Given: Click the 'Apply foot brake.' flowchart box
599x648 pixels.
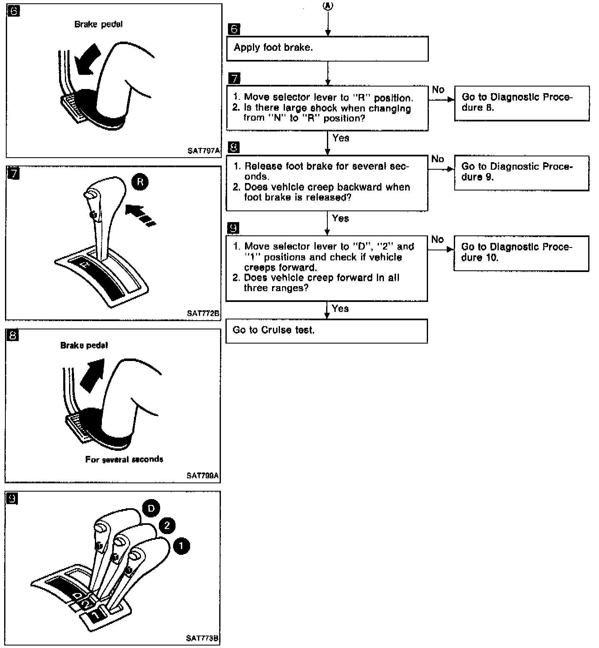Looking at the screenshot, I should pyautogui.click(x=327, y=48).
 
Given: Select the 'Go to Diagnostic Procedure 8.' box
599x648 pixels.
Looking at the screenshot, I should pyautogui.click(x=522, y=103).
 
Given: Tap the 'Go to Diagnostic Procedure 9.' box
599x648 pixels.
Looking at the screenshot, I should pyautogui.click(x=521, y=173).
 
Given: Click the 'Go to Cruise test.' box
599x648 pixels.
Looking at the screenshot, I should pyautogui.click(x=326, y=331).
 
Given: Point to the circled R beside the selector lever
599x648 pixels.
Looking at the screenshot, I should pyautogui.click(x=140, y=182).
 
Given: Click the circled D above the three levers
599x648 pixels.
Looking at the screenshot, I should pyautogui.click(x=151, y=508).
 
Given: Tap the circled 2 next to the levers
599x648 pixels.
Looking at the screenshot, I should pyautogui.click(x=167, y=525).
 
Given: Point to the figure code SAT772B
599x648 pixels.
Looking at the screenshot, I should pyautogui.click(x=203, y=313).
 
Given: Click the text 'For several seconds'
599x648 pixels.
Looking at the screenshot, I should pyautogui.click(x=124, y=460).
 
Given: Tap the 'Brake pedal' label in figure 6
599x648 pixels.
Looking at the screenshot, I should pyautogui.click(x=99, y=25).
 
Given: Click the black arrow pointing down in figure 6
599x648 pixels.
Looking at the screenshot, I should pyautogui.click(x=86, y=60).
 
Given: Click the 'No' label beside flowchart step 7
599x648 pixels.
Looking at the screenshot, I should pyautogui.click(x=438, y=90).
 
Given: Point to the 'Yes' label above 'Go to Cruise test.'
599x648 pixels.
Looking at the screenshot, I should pyautogui.click(x=340, y=309).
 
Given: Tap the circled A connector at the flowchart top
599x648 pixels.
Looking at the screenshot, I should pyautogui.click(x=328, y=5).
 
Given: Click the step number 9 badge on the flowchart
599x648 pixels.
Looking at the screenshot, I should pyautogui.click(x=234, y=228).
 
